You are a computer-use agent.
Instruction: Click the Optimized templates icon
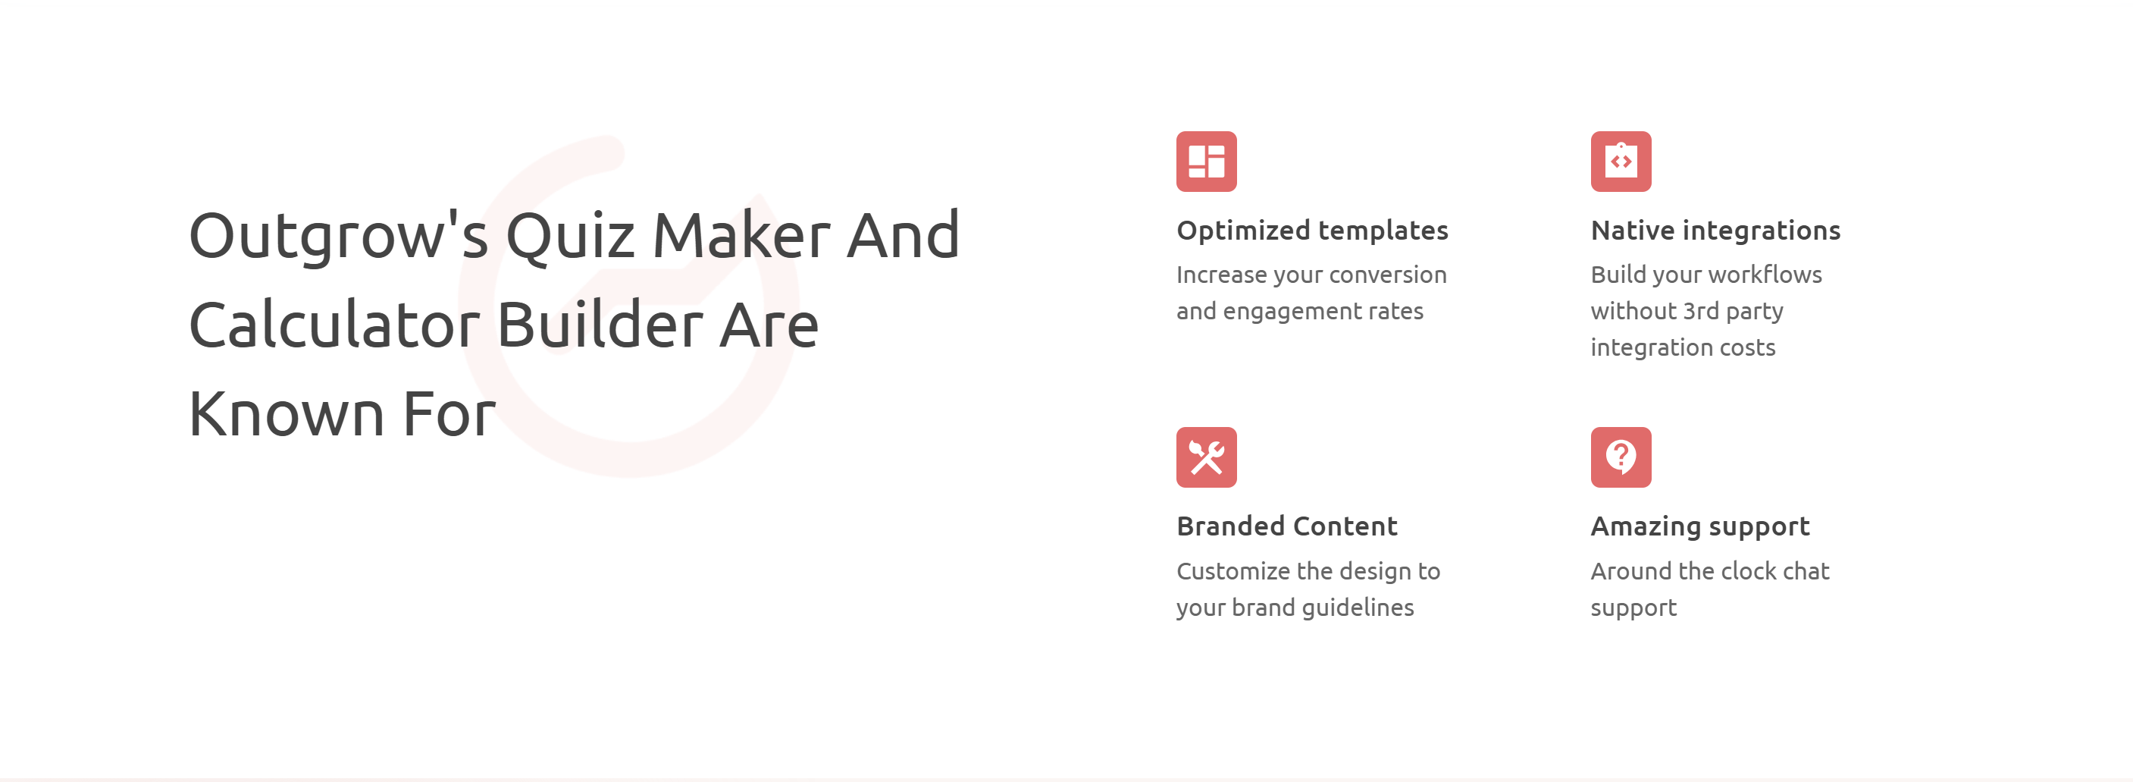(1207, 162)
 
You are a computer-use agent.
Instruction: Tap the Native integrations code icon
(1621, 162)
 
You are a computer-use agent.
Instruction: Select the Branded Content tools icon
(1207, 457)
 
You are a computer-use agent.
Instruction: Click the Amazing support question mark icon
(1621, 457)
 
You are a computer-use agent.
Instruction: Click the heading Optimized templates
(1312, 231)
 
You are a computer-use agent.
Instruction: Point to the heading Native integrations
(1715, 231)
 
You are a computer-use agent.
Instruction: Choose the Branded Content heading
(1287, 527)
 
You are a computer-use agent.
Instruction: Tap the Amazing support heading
(1700, 527)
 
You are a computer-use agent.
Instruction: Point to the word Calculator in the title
(334, 325)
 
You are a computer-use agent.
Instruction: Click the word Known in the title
(287, 413)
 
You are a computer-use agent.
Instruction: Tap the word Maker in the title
(741, 236)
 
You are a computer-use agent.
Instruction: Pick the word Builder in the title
(600, 325)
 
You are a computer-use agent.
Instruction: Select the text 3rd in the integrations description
(1701, 311)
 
